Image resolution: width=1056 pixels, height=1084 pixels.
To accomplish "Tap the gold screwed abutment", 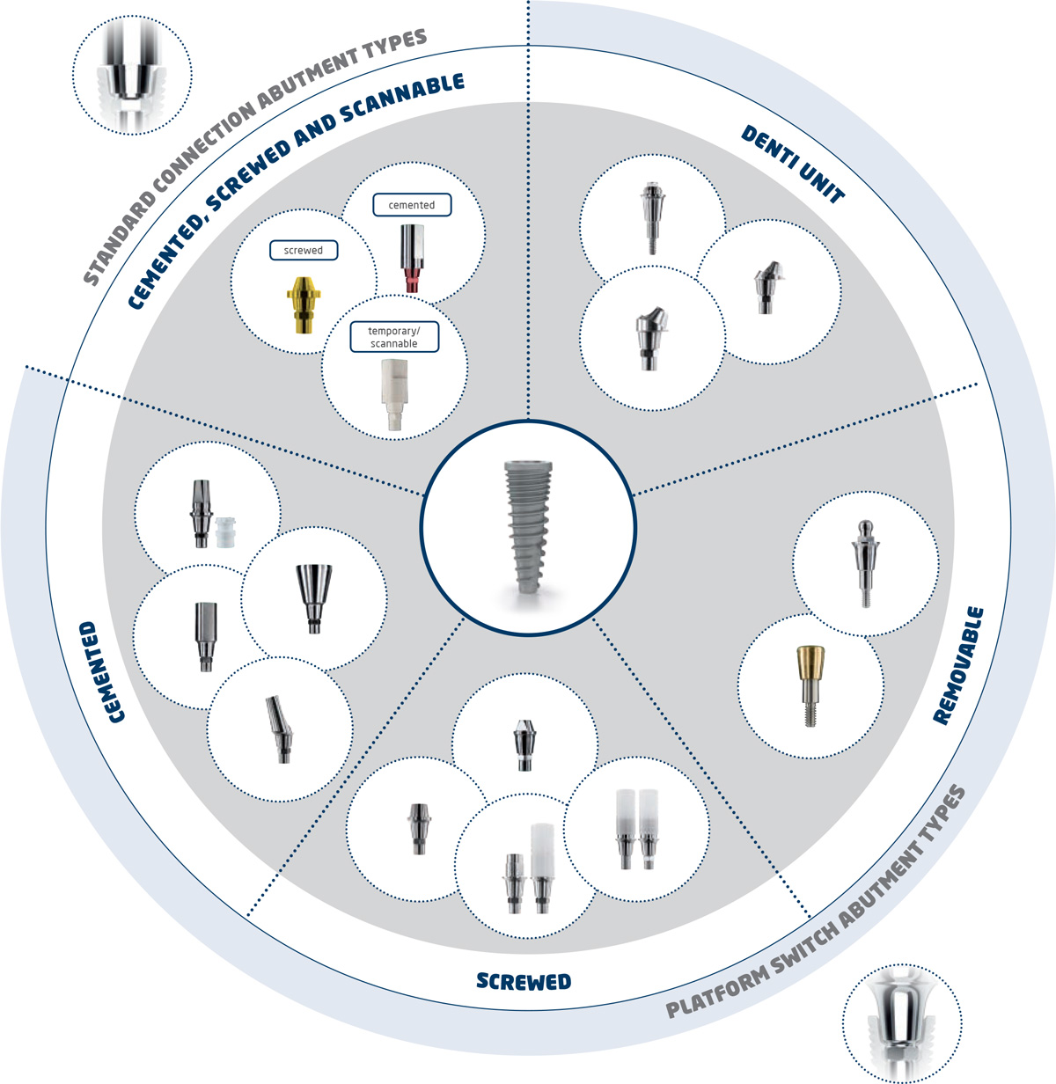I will coord(304,304).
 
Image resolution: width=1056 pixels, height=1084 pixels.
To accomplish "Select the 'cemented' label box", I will coord(411,205).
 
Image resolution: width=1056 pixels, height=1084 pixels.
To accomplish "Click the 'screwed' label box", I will coord(304,251).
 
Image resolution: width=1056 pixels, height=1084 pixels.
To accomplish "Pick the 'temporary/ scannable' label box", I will coord(393,337).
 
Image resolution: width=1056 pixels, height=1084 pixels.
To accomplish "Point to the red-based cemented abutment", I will coord(412,258).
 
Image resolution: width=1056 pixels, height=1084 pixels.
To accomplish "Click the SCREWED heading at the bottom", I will coord(524,982).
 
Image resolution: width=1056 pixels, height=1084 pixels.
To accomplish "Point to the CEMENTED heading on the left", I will coord(102,672).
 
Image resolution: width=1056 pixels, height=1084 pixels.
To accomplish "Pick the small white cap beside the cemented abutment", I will coord(225,531).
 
